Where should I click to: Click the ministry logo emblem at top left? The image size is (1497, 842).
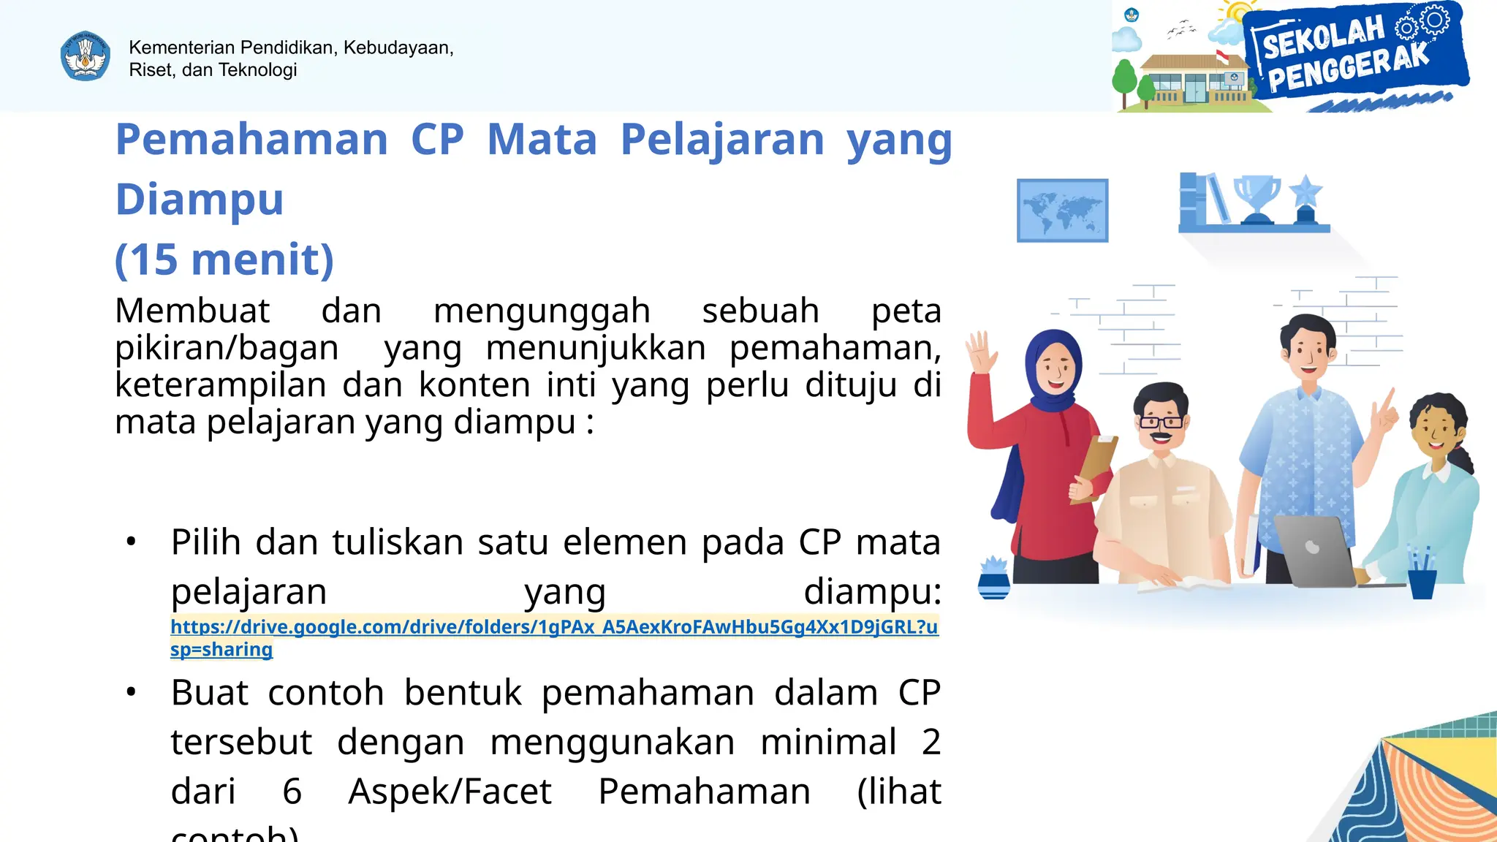(x=86, y=56)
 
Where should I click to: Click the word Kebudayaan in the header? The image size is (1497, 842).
(x=398, y=48)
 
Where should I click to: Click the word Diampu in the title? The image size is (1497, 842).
(x=200, y=200)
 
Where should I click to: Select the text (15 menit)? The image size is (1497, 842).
(x=224, y=259)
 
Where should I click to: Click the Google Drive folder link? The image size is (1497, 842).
(x=554, y=628)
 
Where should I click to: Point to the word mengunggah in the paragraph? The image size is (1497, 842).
(x=542, y=311)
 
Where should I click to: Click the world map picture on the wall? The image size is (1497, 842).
(x=1062, y=210)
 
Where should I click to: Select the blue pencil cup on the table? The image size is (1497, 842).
(x=1422, y=581)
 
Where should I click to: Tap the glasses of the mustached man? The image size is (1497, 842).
(x=1161, y=422)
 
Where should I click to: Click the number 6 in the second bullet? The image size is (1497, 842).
(x=292, y=792)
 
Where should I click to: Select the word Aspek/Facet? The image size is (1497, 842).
(x=450, y=792)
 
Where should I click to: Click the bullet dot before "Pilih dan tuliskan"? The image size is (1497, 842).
(x=132, y=542)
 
